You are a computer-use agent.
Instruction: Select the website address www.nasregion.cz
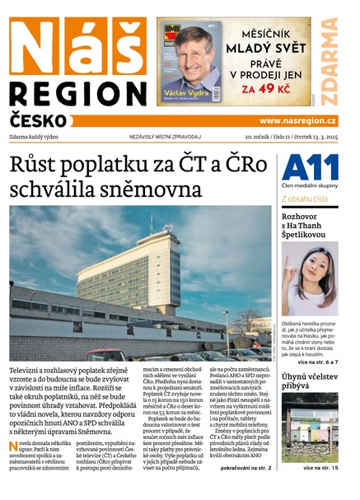click(x=297, y=121)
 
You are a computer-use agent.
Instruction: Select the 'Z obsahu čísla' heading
click(x=307, y=199)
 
